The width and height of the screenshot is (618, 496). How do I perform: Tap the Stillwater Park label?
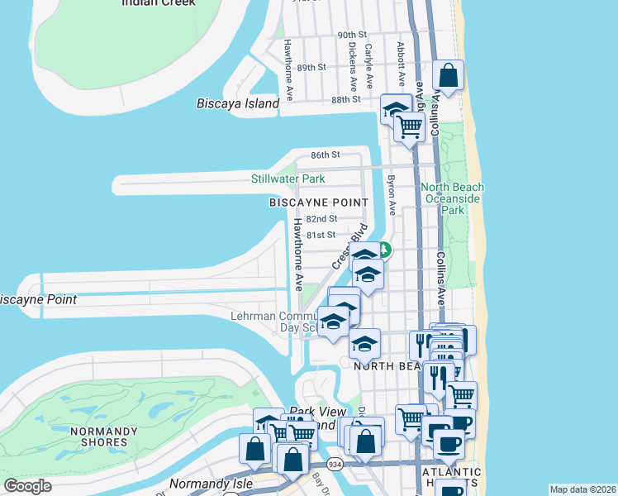click(288, 179)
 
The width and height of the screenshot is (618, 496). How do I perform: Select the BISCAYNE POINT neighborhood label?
click(318, 203)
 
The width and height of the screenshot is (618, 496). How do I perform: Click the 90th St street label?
click(352, 36)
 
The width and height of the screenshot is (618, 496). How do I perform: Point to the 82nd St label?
click(321, 219)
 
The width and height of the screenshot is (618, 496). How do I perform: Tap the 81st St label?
click(321, 235)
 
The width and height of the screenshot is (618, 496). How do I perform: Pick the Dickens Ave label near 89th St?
click(353, 66)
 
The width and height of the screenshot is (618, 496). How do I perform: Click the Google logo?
click(28, 486)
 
